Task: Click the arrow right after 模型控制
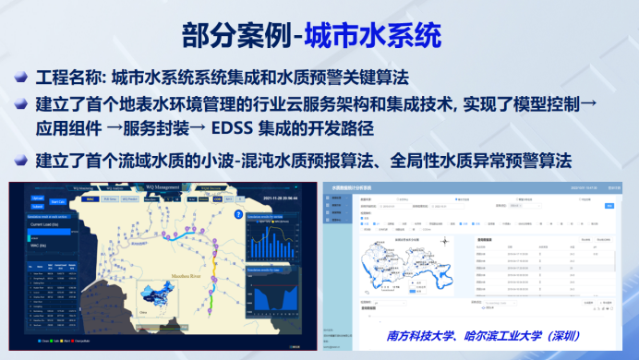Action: (x=587, y=102)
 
